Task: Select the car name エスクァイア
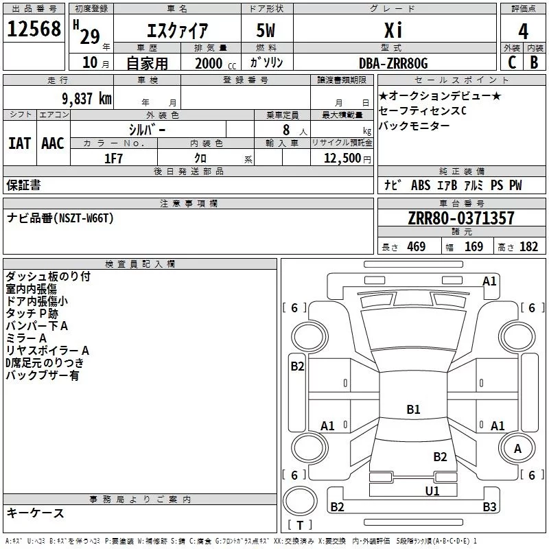pyautogui.click(x=178, y=31)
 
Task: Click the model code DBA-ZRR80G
pyautogui.click(x=393, y=63)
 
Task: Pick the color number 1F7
pyautogui.click(x=113, y=159)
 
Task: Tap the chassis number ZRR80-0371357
pyautogui.click(x=460, y=218)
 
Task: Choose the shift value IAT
pyautogui.click(x=19, y=143)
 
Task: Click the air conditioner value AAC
pyautogui.click(x=53, y=143)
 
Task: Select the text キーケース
pyautogui.click(x=36, y=513)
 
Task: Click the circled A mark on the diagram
pyautogui.click(x=517, y=449)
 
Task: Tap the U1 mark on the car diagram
pyautogui.click(x=432, y=491)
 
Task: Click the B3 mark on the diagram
pyautogui.click(x=489, y=507)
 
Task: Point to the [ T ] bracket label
pyautogui.click(x=300, y=525)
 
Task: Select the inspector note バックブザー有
pyautogui.click(x=43, y=375)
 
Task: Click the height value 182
pyautogui.click(x=528, y=247)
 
